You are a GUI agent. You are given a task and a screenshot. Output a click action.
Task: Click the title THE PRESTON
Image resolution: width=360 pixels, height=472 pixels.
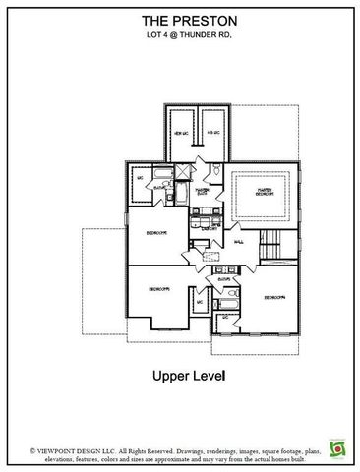point(179,19)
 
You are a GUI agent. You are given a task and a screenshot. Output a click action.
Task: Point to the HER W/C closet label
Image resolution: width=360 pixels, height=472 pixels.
point(180,133)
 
